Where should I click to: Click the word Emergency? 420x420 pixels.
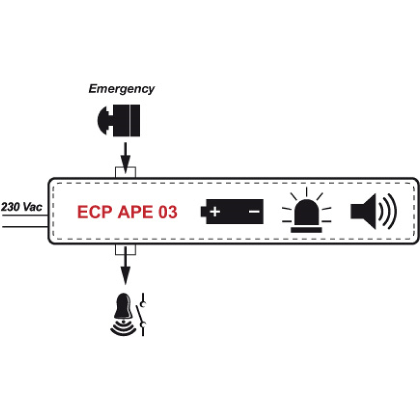[x=121, y=89]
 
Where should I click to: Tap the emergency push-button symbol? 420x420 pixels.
[x=119, y=120]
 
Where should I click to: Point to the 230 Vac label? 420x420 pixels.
[x=22, y=206]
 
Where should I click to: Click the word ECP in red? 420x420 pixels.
[x=95, y=212]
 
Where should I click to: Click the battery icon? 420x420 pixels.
[x=232, y=211]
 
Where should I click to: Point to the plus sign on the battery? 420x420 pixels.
[x=215, y=211]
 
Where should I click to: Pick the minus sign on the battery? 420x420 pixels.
[x=254, y=211]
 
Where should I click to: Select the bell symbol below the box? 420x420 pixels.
[x=123, y=311]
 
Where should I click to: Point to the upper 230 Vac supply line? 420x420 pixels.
[x=24, y=215]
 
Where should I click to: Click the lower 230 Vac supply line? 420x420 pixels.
[x=24, y=227]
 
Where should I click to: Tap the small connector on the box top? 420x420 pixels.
[x=125, y=172]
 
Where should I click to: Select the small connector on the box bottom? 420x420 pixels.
[x=125, y=249]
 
